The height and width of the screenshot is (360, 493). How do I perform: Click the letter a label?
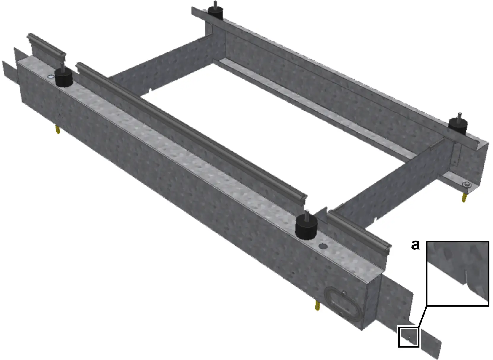point(415,245)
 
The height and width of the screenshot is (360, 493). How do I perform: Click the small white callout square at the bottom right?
point(408,336)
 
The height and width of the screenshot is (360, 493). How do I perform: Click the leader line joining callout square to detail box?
point(422,316)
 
